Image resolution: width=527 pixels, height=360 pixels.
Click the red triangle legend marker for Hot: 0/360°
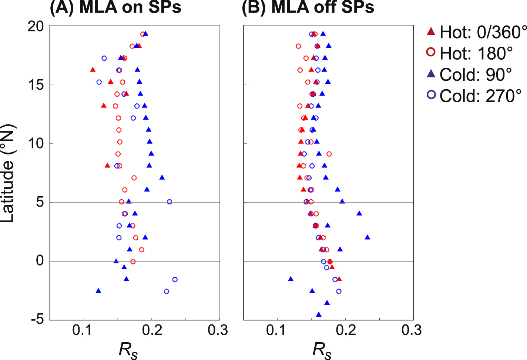click(431, 31)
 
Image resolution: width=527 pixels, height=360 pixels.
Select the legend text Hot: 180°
click(476, 54)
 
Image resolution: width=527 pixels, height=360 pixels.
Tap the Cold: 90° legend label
click(476, 75)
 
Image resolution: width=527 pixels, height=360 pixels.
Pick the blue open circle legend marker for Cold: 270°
click(431, 95)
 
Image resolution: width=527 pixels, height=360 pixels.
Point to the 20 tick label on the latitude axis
click(36, 26)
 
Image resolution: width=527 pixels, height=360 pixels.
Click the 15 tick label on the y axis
click(36, 85)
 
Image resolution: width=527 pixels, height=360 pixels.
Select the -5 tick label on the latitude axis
click(36, 319)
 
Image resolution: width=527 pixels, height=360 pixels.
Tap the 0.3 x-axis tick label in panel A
click(218, 330)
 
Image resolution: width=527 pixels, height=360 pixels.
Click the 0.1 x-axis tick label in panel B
click(277, 330)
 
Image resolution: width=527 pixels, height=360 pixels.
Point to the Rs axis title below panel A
click(128, 350)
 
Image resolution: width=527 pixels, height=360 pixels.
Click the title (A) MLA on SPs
click(115, 7)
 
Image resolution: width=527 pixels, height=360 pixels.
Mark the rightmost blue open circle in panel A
click(175, 279)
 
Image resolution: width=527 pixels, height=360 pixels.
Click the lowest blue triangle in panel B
click(319, 314)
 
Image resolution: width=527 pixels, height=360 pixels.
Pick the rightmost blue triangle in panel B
click(367, 237)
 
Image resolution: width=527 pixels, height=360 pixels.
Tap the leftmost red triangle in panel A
click(93, 70)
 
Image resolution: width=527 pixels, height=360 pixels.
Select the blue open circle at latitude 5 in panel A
click(169, 202)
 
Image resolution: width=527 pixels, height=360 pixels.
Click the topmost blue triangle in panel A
click(145, 34)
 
